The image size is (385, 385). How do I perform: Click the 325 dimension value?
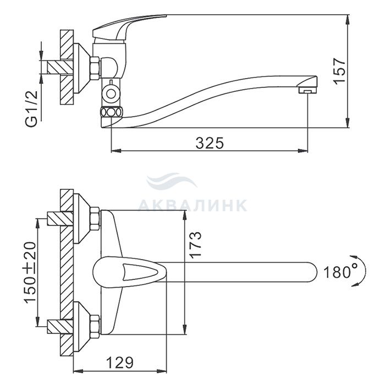[210, 143]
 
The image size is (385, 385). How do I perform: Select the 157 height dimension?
[340, 71]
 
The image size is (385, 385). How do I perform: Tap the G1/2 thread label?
[32, 108]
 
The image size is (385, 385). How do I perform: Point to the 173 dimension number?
[196, 245]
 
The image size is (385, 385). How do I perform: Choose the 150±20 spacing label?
[30, 273]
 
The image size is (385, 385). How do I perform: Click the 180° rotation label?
[340, 272]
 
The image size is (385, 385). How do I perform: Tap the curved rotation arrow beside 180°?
[364, 271]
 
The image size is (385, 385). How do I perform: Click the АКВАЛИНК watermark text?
[193, 205]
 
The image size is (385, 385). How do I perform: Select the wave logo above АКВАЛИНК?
[172, 180]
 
